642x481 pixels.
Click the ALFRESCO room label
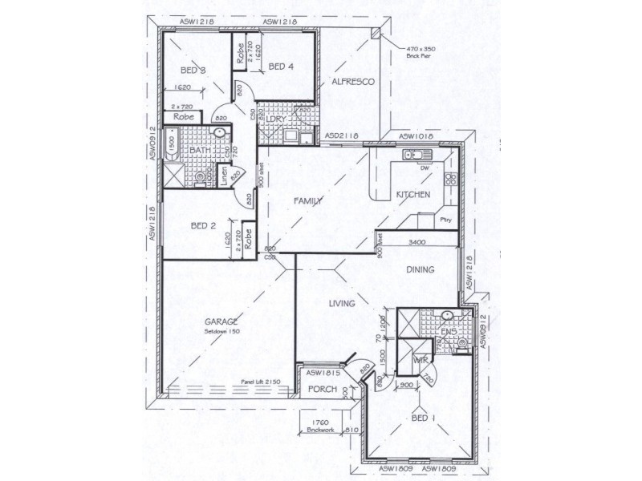pos(349,83)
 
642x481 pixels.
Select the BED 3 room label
pos(193,71)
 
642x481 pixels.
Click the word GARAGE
pos(221,321)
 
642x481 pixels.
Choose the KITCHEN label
pos(413,195)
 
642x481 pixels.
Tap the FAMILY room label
pos(307,200)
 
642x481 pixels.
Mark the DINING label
pos(420,270)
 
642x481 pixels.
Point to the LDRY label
pos(277,120)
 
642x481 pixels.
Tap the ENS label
pos(448,330)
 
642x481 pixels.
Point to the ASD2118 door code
pos(342,137)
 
